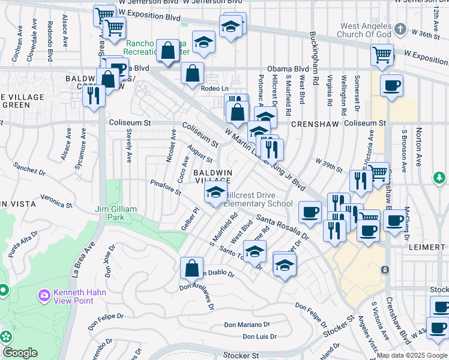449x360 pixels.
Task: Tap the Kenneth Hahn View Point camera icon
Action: click(43, 295)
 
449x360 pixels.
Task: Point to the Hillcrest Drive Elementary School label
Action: click(258, 199)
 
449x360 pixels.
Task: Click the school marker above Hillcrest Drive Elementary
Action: click(215, 193)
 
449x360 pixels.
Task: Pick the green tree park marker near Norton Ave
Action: click(439, 178)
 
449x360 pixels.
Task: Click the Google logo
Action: click(20, 353)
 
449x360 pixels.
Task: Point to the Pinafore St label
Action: click(166, 187)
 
